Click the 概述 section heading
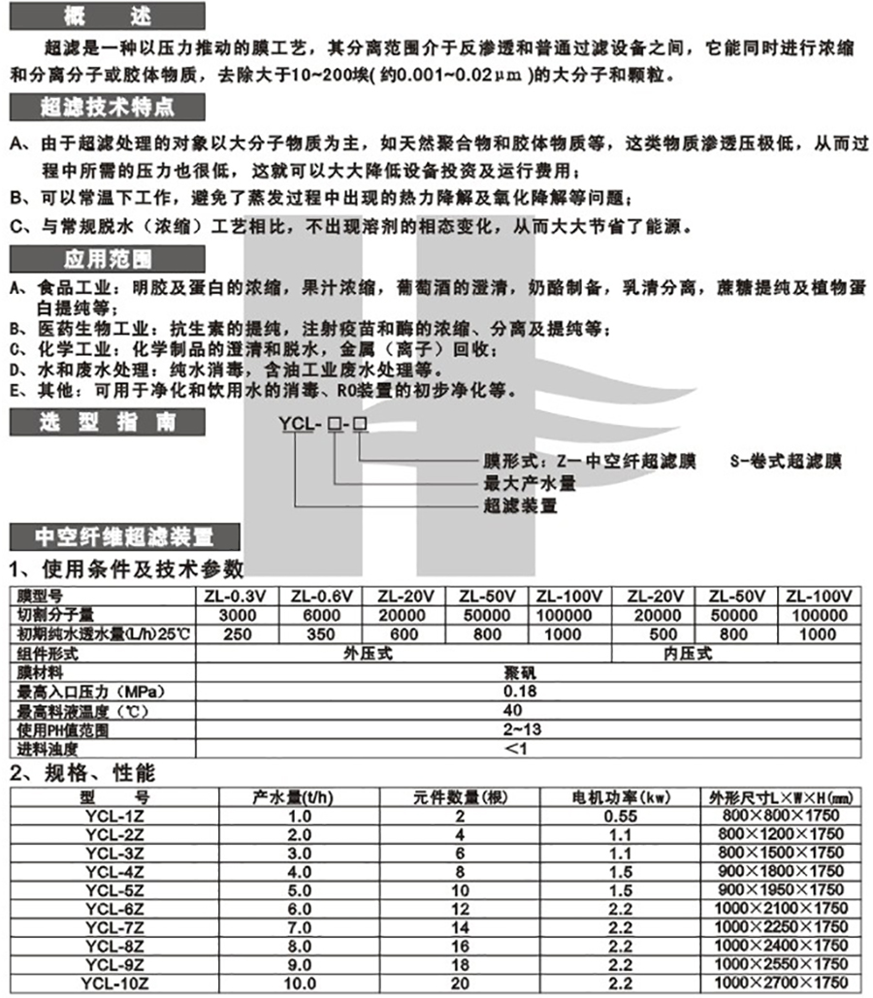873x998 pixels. [x=106, y=14]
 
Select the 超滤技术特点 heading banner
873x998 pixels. [x=106, y=107]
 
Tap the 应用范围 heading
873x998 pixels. [x=106, y=259]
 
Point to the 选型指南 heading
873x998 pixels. [x=106, y=423]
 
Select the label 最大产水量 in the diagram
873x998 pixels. [x=530, y=482]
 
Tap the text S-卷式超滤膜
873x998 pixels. [x=786, y=460]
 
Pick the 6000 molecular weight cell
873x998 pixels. [x=319, y=615]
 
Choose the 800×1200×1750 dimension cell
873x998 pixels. [x=783, y=834]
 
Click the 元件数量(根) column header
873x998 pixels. [x=445, y=797]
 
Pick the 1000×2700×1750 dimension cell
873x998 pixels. [x=783, y=982]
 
